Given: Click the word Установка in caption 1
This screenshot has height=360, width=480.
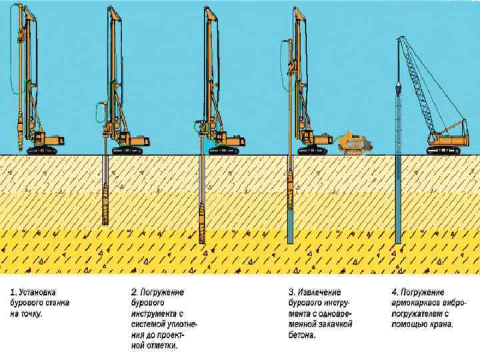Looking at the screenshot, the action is point(39,292).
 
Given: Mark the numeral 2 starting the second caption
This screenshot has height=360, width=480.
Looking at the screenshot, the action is point(133,292).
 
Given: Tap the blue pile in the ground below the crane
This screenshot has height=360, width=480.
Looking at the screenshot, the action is point(398,200).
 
